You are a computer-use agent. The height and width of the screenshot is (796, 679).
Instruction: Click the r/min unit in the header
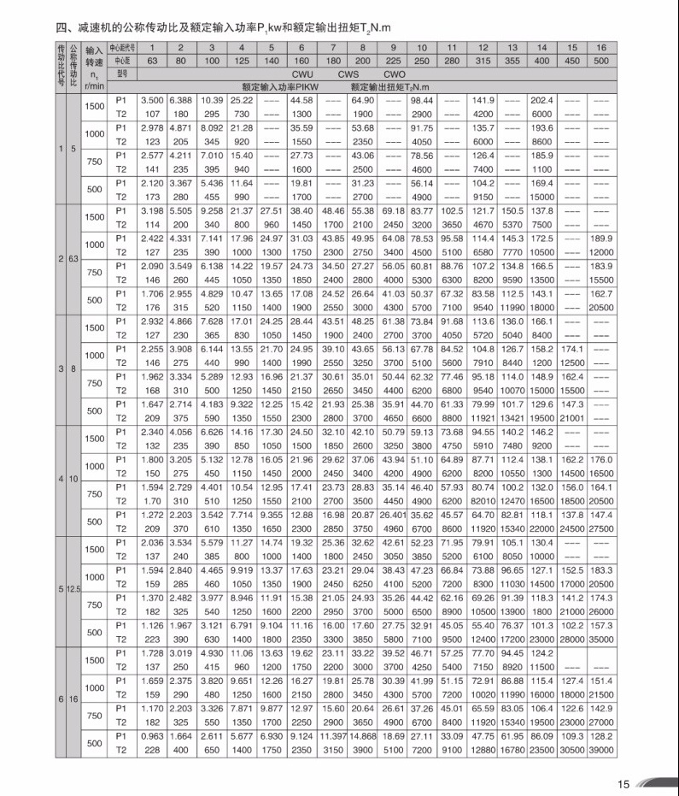click(94, 85)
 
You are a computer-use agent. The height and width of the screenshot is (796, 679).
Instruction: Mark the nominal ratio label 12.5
click(76, 590)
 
